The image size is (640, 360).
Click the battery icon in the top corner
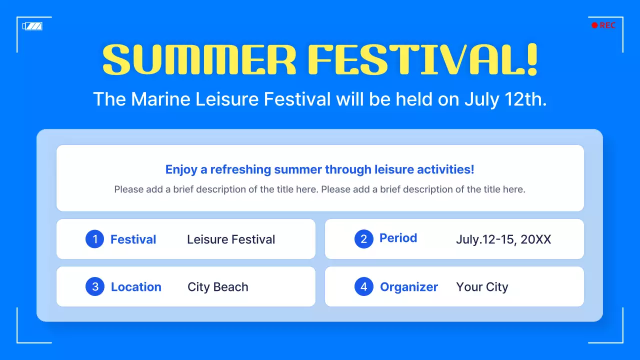tap(32, 26)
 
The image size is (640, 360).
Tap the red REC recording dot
tap(594, 25)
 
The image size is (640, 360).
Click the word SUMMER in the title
tap(199, 60)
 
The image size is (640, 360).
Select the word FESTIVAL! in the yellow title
tap(422, 60)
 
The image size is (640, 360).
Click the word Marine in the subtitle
tap(161, 99)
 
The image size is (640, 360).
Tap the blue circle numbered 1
tap(95, 239)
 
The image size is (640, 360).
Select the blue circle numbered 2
tap(364, 239)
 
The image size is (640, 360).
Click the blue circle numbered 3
tap(95, 287)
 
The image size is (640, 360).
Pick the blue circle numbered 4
tap(364, 287)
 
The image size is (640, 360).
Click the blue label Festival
tap(133, 239)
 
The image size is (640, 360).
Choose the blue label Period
tap(398, 238)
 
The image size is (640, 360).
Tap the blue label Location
tap(136, 287)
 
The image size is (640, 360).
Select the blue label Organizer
tap(408, 287)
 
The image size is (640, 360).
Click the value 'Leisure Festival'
tap(231, 239)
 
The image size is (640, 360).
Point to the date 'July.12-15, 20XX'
tap(503, 239)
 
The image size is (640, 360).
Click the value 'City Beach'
tap(217, 287)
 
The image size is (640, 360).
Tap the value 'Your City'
tap(482, 287)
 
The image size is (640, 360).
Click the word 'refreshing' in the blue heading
tap(240, 169)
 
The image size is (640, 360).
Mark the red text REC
tap(607, 25)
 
